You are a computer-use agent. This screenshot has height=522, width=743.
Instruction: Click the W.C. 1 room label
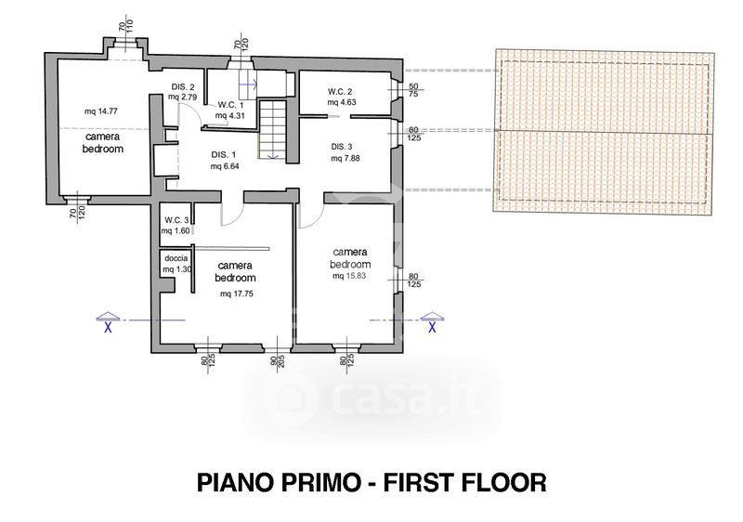click(230, 105)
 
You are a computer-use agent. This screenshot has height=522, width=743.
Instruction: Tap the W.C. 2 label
click(340, 91)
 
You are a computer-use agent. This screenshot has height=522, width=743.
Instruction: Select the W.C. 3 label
click(176, 220)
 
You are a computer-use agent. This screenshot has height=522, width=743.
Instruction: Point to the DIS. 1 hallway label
click(223, 155)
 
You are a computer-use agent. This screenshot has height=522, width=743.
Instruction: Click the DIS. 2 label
click(183, 87)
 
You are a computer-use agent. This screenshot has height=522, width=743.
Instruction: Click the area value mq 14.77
click(101, 111)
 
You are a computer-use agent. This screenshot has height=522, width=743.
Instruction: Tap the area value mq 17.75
click(237, 294)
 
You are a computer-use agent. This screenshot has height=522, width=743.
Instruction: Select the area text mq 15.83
click(349, 276)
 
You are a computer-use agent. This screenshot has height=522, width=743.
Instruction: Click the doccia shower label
click(176, 258)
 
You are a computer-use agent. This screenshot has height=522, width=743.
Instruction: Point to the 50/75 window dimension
click(413, 90)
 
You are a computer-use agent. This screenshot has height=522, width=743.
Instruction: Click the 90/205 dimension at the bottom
click(278, 365)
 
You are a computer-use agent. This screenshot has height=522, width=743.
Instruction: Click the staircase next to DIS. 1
click(273, 129)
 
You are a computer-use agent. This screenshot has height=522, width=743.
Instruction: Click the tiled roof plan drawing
click(604, 133)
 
